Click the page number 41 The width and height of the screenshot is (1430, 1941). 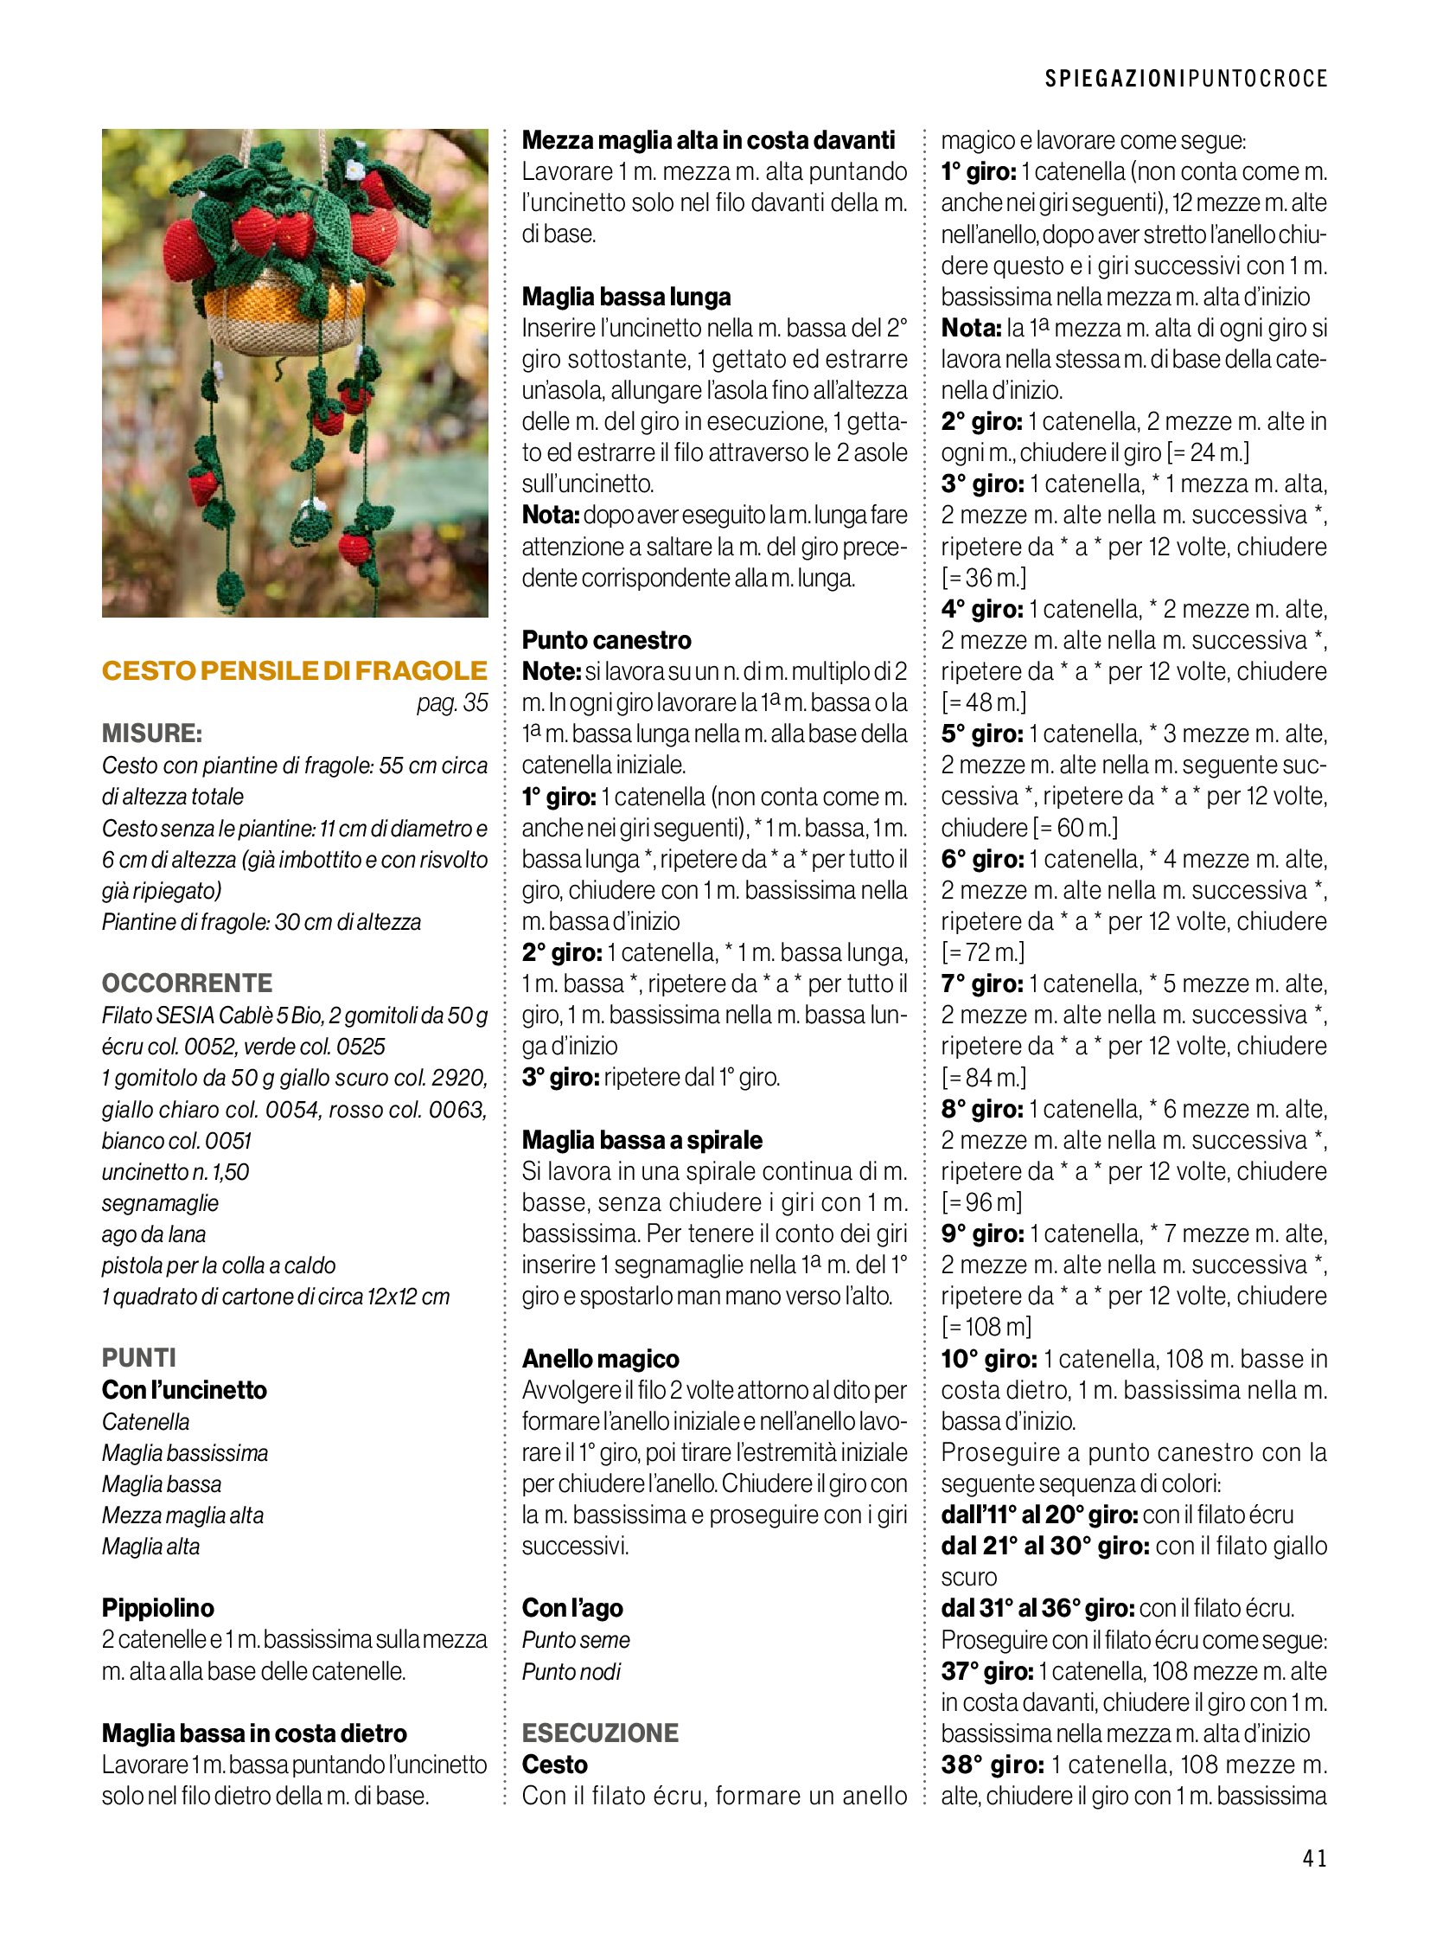[x=1313, y=1858]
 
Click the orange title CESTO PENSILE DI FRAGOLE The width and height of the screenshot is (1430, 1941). [x=294, y=670]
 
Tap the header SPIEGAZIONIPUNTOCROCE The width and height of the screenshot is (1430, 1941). [x=1186, y=79]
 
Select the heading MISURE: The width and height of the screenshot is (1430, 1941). [x=151, y=733]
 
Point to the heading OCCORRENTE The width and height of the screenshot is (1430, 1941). [x=187, y=983]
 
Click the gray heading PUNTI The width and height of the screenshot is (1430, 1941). [x=138, y=1357]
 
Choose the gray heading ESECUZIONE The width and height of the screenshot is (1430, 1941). [x=600, y=1733]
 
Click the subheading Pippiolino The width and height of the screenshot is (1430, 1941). [x=157, y=1607]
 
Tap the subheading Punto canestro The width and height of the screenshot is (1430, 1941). [x=606, y=640]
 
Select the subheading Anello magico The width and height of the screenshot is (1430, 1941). [x=600, y=1358]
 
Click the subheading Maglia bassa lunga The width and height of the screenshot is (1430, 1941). [x=626, y=296]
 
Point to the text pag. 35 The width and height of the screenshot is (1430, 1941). [x=452, y=702]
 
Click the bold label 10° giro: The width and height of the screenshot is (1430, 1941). [x=988, y=1359]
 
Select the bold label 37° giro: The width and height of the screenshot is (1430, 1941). [x=986, y=1671]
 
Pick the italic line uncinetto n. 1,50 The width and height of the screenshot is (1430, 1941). [x=175, y=1172]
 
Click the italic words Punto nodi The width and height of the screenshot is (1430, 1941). [x=571, y=1671]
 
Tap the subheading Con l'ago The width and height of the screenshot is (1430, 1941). [x=571, y=1607]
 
